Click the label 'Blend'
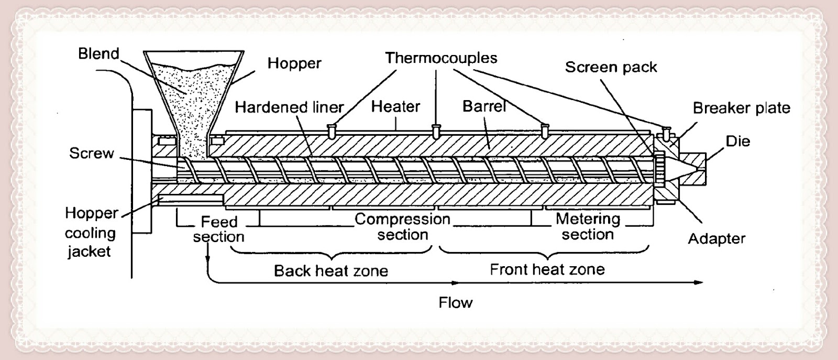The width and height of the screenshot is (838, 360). (x=98, y=53)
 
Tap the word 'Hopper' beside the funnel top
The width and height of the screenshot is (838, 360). (x=294, y=63)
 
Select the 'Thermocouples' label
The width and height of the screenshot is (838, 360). (x=441, y=58)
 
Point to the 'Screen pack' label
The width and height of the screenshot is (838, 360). (x=611, y=67)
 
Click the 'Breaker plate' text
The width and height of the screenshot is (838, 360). (x=741, y=108)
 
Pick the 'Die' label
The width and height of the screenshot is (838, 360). (x=737, y=141)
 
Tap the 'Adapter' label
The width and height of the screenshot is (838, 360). (x=716, y=239)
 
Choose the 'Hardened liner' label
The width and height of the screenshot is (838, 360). (x=289, y=107)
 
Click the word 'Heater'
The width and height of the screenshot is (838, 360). (x=395, y=107)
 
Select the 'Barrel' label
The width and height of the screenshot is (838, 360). (x=484, y=106)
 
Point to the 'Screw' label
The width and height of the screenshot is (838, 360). (x=91, y=153)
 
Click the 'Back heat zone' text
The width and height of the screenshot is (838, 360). (x=331, y=270)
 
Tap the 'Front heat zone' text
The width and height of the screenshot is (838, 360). (x=547, y=269)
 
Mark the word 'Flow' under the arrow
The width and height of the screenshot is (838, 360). (x=456, y=302)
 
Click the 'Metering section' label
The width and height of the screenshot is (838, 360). (x=588, y=226)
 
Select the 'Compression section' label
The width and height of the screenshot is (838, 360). (x=402, y=226)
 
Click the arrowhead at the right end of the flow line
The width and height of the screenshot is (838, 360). (x=699, y=282)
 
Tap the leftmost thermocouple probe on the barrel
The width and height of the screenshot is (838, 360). (x=331, y=130)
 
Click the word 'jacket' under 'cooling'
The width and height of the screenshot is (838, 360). (x=89, y=252)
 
